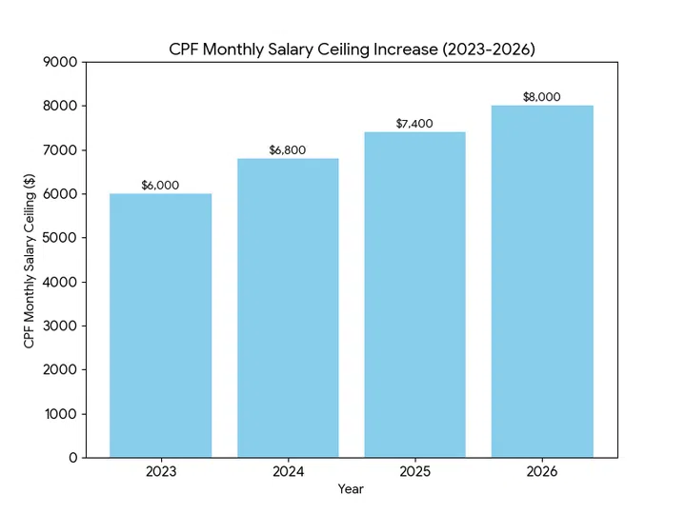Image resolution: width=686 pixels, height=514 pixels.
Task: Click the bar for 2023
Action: pyautogui.click(x=160, y=326)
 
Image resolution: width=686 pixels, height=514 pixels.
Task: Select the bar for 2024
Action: pyautogui.click(x=288, y=307)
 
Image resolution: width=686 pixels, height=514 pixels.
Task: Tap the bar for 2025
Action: pyautogui.click(x=414, y=295)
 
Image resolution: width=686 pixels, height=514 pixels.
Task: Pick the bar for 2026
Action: pyautogui.click(x=542, y=282)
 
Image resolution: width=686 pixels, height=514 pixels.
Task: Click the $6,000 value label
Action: pyautogui.click(x=160, y=186)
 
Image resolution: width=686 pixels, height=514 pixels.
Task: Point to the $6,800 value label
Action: pyautogui.click(x=288, y=150)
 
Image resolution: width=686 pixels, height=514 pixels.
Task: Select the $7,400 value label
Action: pyautogui.click(x=414, y=124)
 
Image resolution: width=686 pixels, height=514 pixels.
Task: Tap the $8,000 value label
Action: pyautogui.click(x=542, y=97)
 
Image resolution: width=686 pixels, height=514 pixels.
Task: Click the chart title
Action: pyautogui.click(x=352, y=49)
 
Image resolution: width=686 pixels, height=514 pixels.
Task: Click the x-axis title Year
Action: pyautogui.click(x=351, y=489)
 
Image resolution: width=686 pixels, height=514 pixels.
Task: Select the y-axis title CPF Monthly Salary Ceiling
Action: pyautogui.click(x=30, y=260)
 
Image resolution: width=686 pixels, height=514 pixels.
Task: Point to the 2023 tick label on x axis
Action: pyautogui.click(x=160, y=471)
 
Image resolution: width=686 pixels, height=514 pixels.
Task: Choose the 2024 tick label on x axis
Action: pyautogui.click(x=288, y=471)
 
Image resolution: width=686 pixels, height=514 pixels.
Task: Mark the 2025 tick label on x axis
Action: pyautogui.click(x=414, y=471)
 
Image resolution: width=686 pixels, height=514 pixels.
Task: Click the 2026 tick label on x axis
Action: pyautogui.click(x=542, y=471)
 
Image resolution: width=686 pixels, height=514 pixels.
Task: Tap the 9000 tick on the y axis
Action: pyautogui.click(x=61, y=62)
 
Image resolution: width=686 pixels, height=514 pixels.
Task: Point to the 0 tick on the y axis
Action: pyautogui.click(x=72, y=458)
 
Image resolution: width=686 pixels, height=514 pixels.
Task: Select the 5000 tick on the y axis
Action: pyautogui.click(x=61, y=238)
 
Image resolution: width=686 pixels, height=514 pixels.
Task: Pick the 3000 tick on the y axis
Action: pyautogui.click(x=61, y=326)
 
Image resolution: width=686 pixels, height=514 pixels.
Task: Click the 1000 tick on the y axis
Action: pyautogui.click(x=61, y=414)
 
